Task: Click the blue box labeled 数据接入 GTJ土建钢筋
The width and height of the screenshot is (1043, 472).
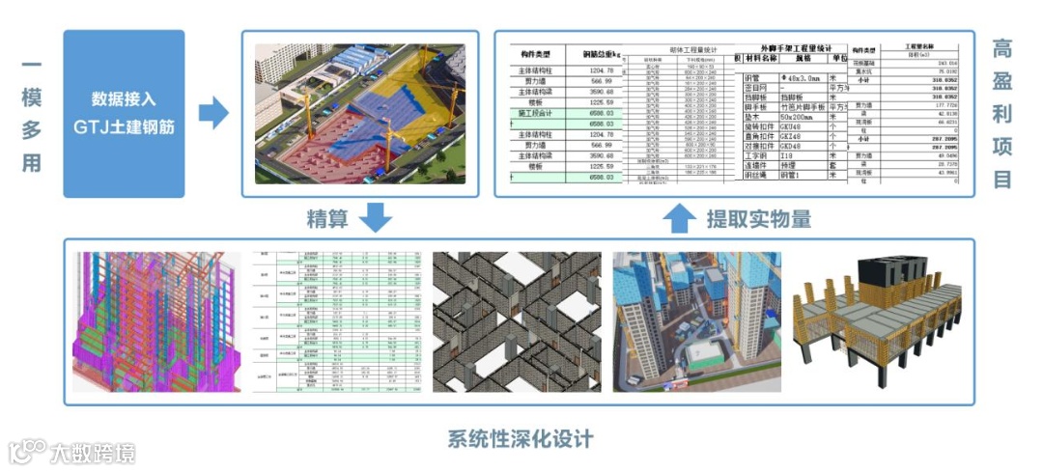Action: coord(124,113)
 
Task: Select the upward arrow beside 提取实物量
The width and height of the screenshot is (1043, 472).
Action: coord(681,217)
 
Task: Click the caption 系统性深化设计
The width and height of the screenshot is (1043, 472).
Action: coord(521,440)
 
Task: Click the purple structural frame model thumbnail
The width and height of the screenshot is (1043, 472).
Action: coord(156,321)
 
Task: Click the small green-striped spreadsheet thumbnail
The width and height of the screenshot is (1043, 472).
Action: coord(337,321)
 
